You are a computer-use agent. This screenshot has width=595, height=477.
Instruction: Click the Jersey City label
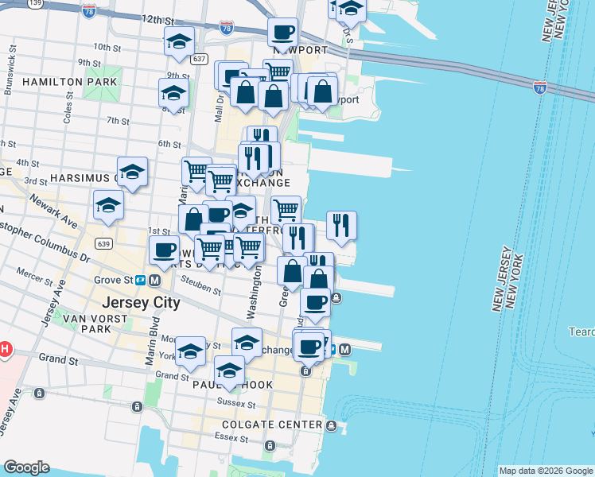click(x=141, y=303)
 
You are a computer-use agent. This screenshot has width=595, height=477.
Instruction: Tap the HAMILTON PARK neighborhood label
click(x=70, y=82)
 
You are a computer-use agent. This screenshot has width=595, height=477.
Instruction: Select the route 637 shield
click(x=199, y=59)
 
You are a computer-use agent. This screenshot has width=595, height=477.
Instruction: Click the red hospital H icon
click(x=4, y=349)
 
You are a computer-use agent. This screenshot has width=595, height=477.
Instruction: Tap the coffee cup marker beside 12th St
click(x=283, y=33)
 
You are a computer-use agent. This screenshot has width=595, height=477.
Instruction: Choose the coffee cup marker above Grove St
click(x=164, y=249)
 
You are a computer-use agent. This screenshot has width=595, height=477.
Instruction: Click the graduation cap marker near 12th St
click(x=179, y=40)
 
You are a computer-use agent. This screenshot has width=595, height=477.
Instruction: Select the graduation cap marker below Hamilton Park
click(x=173, y=92)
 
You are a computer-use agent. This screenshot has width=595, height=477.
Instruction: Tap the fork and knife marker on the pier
click(x=341, y=224)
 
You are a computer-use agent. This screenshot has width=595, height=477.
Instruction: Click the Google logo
click(x=26, y=467)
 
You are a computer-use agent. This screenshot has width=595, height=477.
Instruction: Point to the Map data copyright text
click(x=545, y=471)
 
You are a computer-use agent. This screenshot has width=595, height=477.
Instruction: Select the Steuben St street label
click(x=200, y=285)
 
